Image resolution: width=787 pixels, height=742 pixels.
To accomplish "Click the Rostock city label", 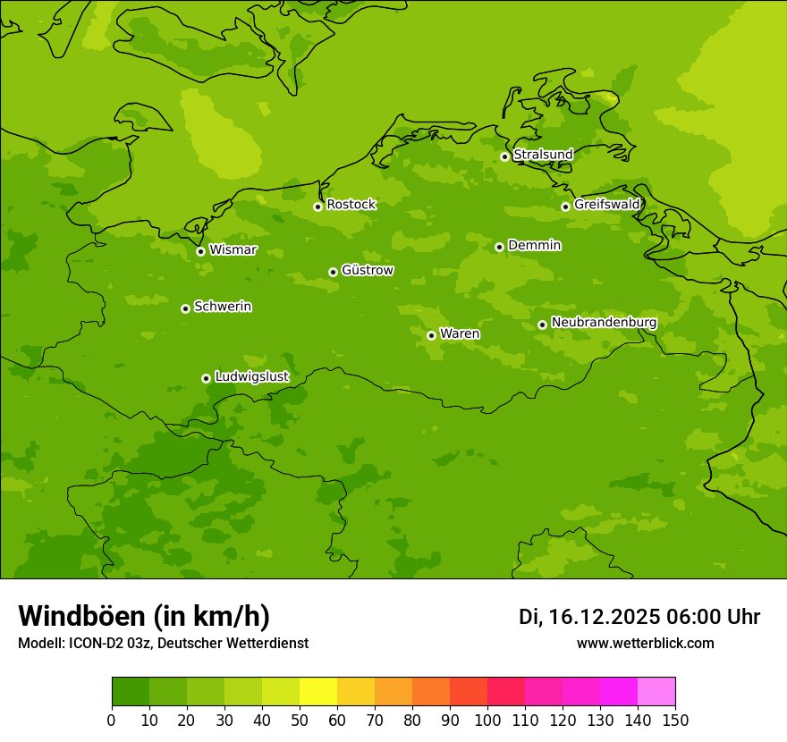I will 351,205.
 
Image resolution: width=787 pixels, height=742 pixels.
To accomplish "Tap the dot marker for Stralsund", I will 504,156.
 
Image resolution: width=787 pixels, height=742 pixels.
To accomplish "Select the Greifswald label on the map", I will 607,205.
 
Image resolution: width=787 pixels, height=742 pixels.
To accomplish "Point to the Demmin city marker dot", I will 499,247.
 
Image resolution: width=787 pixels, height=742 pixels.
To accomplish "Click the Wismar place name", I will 233,250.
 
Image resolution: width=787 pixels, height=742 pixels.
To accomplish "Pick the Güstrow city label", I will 368,270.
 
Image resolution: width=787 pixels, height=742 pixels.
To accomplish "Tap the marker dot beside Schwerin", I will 185,308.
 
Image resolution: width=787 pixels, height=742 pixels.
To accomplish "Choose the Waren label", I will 460,334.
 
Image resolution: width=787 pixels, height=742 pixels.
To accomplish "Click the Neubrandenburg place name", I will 604,323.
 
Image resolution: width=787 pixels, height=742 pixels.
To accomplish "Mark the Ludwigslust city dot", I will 206,378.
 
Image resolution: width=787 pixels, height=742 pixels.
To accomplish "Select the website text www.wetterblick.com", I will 645,644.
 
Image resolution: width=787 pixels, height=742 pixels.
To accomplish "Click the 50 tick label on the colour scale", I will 300,721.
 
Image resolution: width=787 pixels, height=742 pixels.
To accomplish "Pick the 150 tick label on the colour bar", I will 675,721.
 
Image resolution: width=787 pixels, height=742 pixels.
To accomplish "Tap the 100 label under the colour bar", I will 487,721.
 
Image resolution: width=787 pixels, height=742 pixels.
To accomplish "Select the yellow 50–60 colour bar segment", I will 318,692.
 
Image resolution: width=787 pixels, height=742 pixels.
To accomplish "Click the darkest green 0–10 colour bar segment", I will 131,692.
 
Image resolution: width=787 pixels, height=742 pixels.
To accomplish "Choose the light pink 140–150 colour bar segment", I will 656,692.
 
